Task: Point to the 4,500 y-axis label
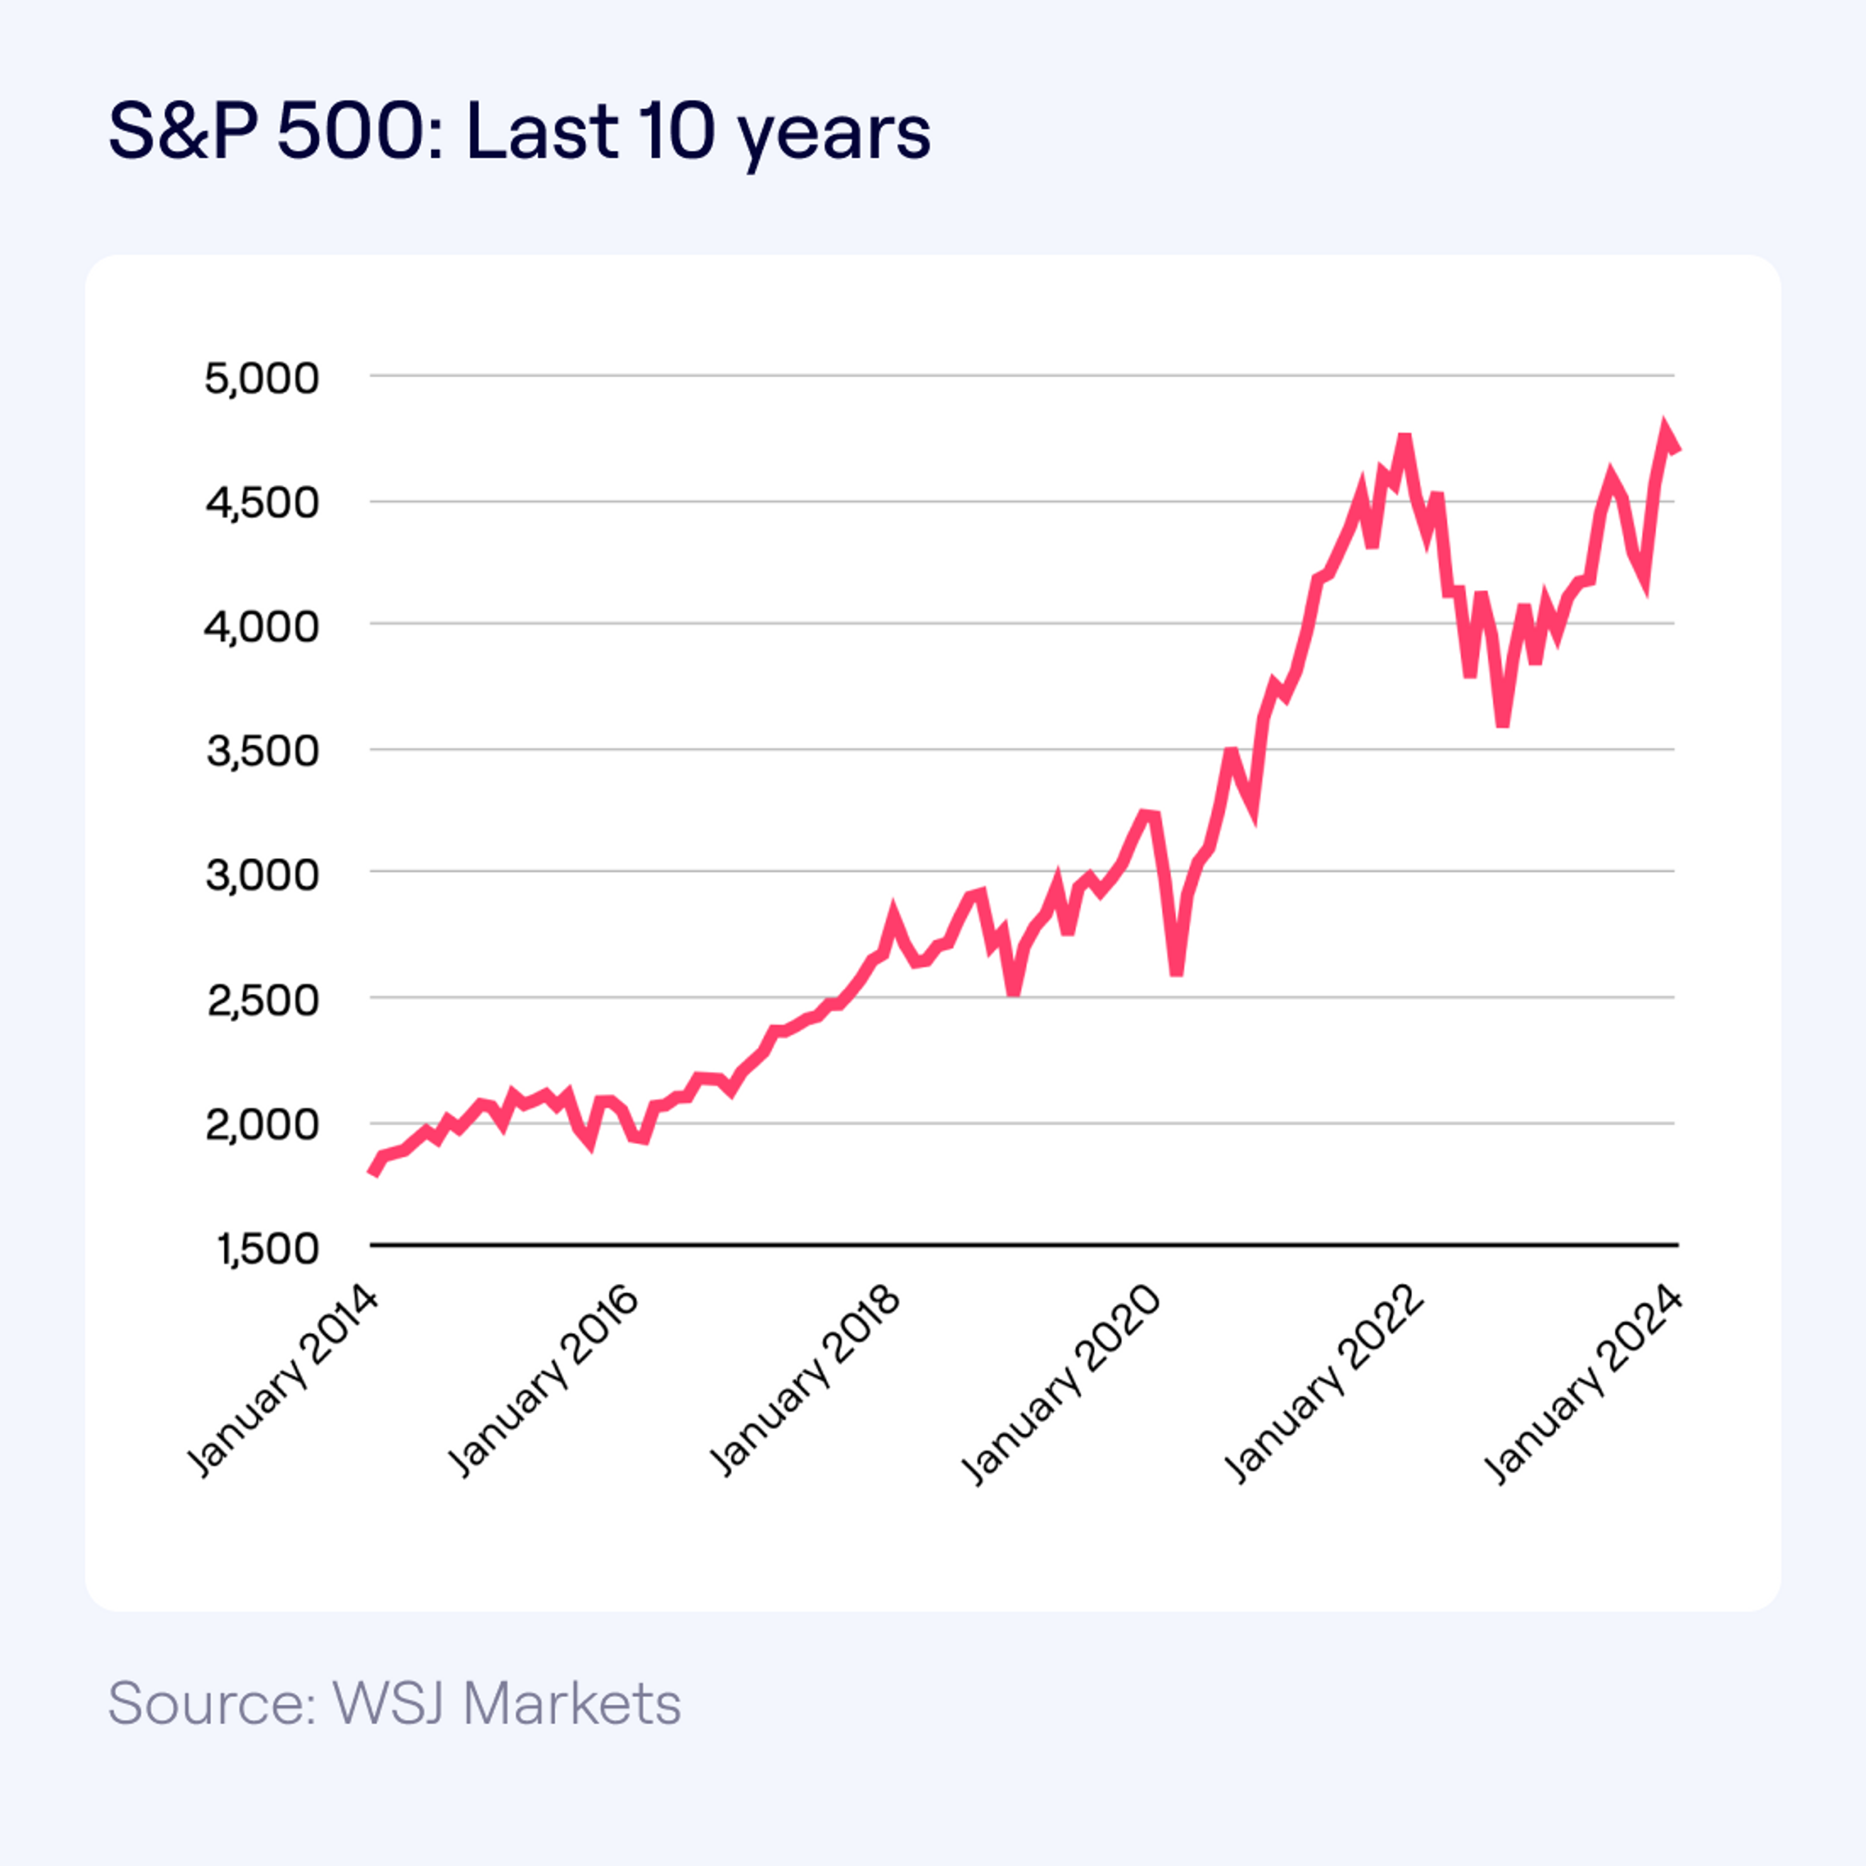tap(261, 502)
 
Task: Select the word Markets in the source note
tap(572, 1703)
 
